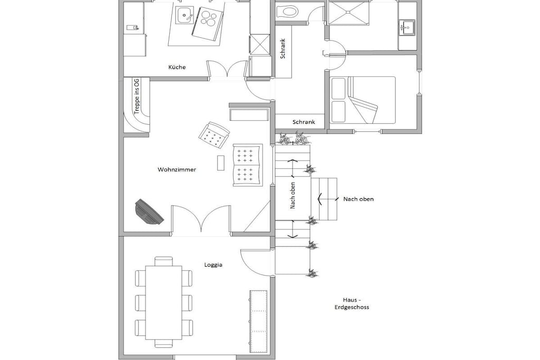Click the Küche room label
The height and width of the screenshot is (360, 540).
(177, 67)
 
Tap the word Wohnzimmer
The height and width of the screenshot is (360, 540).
(177, 169)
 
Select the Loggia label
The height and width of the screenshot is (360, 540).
(213, 265)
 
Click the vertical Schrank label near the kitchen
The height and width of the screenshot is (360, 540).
(283, 48)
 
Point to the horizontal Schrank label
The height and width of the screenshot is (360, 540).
(304, 122)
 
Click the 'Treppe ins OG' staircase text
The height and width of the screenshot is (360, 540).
(137, 96)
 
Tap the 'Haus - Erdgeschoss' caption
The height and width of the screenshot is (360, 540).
(352, 304)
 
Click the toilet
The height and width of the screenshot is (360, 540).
(287, 12)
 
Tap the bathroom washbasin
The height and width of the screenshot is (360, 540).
(407, 27)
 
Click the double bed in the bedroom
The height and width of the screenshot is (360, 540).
(363, 100)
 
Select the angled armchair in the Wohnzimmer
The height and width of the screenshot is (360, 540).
(214, 135)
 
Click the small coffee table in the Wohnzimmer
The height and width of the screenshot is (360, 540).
(221, 163)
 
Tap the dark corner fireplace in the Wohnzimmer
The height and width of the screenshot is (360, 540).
(149, 212)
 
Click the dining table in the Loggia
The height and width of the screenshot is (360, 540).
(163, 303)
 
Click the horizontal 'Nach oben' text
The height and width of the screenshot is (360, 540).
(358, 199)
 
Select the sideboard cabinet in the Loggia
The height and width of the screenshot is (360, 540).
(258, 322)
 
